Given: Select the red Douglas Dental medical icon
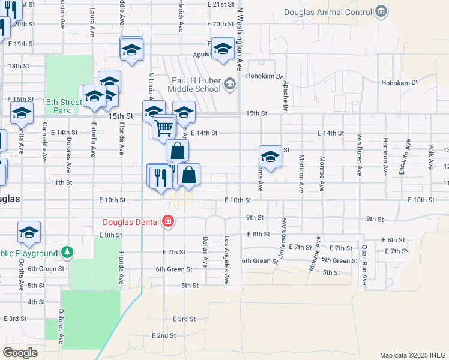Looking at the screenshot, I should coord(169,222).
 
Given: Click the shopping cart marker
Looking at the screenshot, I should coord(163,127).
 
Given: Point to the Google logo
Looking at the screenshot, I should coord(20,353).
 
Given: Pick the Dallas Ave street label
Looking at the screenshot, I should coord(205,251).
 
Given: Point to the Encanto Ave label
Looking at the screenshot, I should coord(408,152).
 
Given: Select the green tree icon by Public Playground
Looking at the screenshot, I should coord(68,253).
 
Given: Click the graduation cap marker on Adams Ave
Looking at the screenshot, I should coord(270,157).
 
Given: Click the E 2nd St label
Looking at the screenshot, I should coord(164,335).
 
